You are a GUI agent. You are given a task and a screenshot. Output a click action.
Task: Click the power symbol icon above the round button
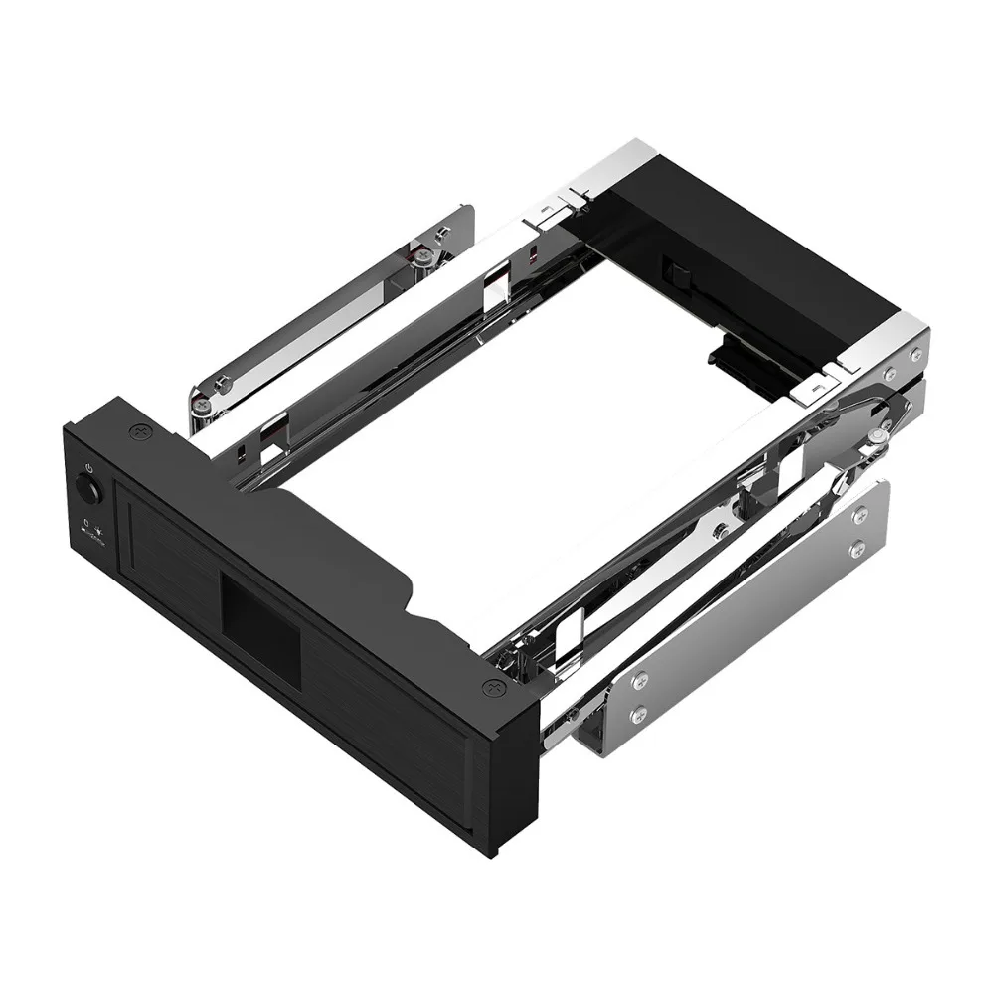[x=89, y=466]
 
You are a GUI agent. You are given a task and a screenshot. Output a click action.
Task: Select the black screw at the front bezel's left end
[x=136, y=434]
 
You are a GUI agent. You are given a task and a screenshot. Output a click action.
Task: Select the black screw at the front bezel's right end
[x=492, y=686]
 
